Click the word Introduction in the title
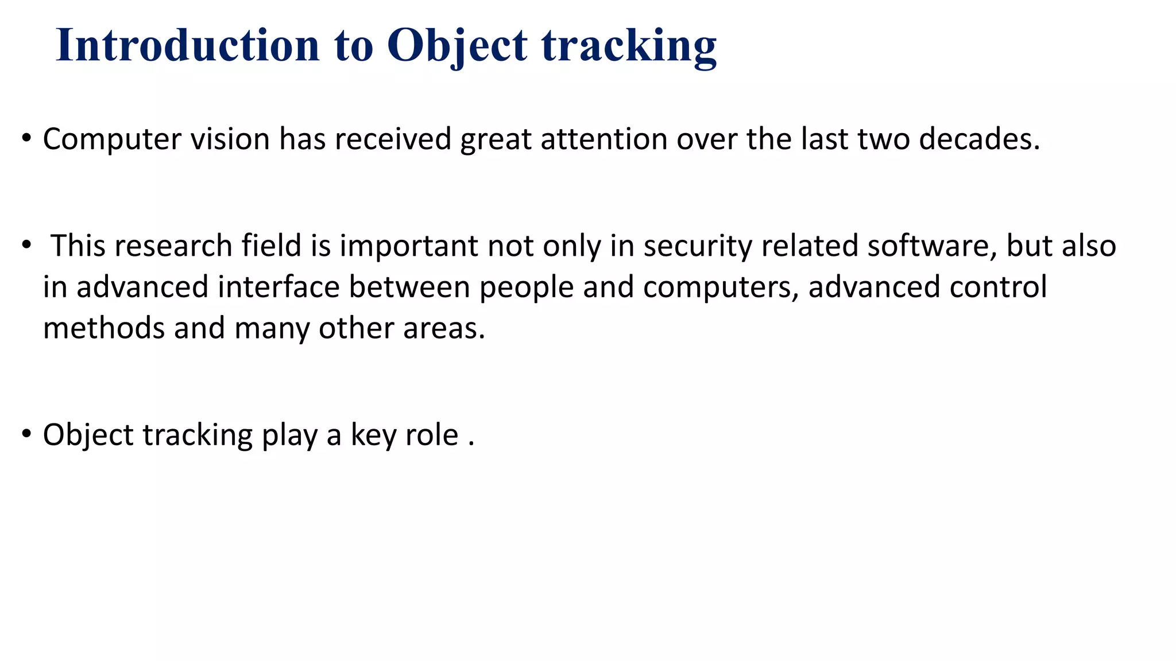click(x=187, y=45)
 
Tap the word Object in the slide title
click(x=457, y=45)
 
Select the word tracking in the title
click(x=629, y=45)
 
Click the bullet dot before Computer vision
click(x=26, y=138)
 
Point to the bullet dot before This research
click(x=26, y=245)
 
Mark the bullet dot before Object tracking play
click(x=26, y=434)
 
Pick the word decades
click(x=979, y=139)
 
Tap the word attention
click(x=604, y=139)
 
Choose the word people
click(x=526, y=287)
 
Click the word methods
click(x=104, y=328)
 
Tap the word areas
click(x=443, y=328)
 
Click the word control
click(x=998, y=287)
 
